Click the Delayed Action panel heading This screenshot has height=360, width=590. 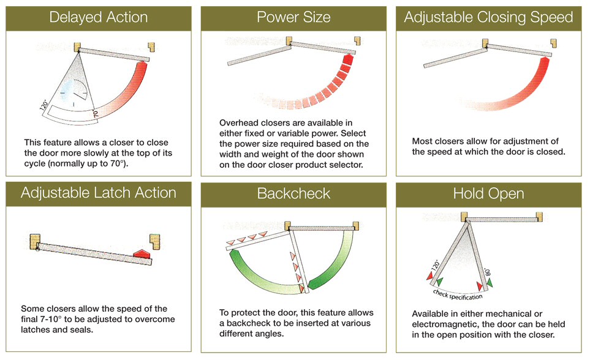(99, 17)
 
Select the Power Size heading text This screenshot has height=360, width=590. (293, 17)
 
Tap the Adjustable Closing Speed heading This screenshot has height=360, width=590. (488, 18)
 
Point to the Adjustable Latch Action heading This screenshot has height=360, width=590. (99, 193)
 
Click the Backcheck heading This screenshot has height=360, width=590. (293, 193)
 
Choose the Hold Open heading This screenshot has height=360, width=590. (488, 193)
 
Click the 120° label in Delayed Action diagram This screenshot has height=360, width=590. (44, 105)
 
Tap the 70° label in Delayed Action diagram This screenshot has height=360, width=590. (95, 113)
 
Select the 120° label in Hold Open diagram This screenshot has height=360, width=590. (436, 265)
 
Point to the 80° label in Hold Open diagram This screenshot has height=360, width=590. (488, 272)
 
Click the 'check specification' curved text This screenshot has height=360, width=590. (457, 294)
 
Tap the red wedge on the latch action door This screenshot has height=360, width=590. (142, 253)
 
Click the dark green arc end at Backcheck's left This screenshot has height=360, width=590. (235, 256)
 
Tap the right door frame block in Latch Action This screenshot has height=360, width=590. (154, 241)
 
